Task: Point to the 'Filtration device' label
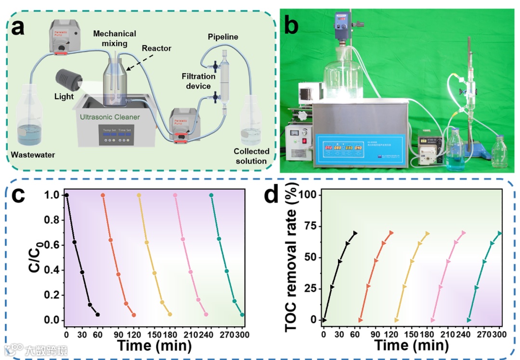(196, 81)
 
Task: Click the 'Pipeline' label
(223, 37)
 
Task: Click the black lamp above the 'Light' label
(67, 80)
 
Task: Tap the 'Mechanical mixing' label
(115, 39)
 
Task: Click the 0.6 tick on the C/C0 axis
(52, 245)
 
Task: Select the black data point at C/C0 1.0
(66, 195)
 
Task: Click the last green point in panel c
(242, 315)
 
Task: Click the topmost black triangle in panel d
(355, 233)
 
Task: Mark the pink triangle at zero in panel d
(433, 320)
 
